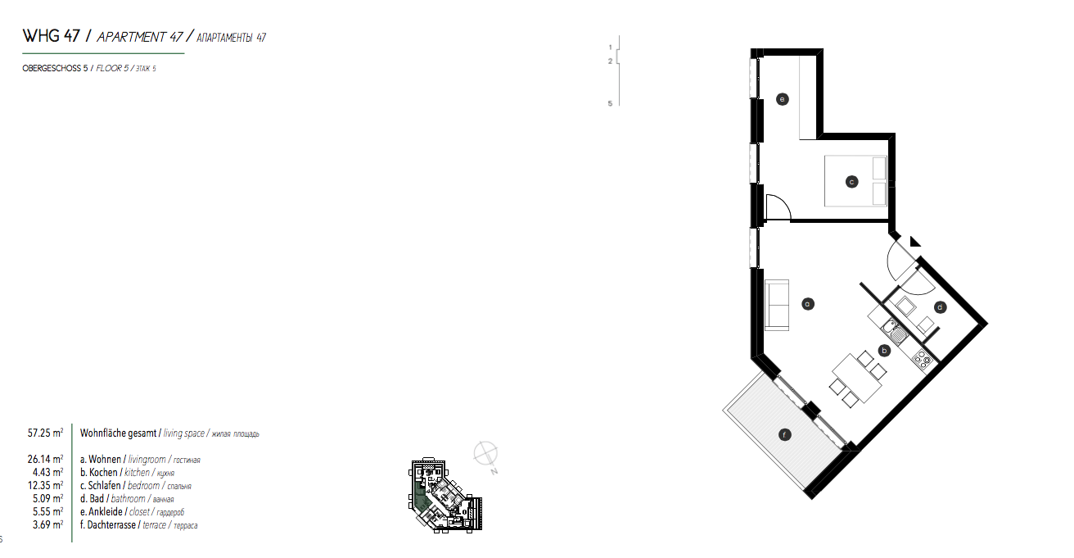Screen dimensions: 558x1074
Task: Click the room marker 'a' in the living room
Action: click(807, 303)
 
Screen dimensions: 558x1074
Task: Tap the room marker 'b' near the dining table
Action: click(884, 350)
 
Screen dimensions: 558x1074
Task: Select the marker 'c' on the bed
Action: click(851, 182)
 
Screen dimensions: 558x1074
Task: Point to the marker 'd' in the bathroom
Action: click(941, 307)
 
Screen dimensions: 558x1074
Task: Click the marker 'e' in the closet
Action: click(782, 100)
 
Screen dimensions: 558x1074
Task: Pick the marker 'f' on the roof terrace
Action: click(784, 435)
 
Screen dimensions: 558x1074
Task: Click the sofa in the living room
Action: click(776, 305)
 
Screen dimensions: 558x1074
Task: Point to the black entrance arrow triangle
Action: click(914, 241)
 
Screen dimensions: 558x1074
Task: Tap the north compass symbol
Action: click(486, 451)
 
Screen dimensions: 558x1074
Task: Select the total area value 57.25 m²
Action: click(46, 433)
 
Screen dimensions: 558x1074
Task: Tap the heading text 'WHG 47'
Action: click(52, 37)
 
